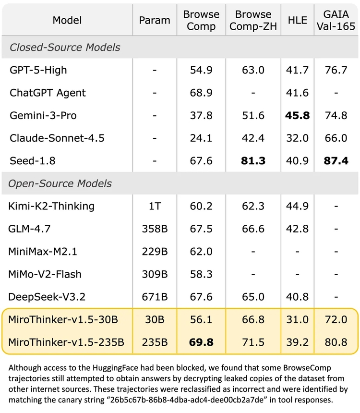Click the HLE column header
(x=297, y=20)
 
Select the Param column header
(x=155, y=20)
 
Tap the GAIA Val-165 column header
(x=336, y=20)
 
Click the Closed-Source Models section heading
(x=65, y=48)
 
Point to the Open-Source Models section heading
(x=61, y=183)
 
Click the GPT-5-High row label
(x=38, y=70)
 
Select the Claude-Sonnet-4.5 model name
(x=57, y=138)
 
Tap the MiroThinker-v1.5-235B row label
(x=66, y=342)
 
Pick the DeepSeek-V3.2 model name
(x=47, y=297)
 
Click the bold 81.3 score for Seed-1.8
(x=253, y=161)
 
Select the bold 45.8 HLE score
(x=297, y=116)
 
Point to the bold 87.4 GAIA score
(x=336, y=161)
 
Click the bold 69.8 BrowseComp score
(x=201, y=342)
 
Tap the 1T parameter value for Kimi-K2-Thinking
(x=155, y=206)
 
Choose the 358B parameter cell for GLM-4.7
(x=155, y=229)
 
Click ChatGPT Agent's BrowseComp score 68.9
(x=201, y=93)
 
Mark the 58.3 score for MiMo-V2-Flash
(x=201, y=274)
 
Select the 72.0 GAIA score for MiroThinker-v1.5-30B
(x=336, y=320)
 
